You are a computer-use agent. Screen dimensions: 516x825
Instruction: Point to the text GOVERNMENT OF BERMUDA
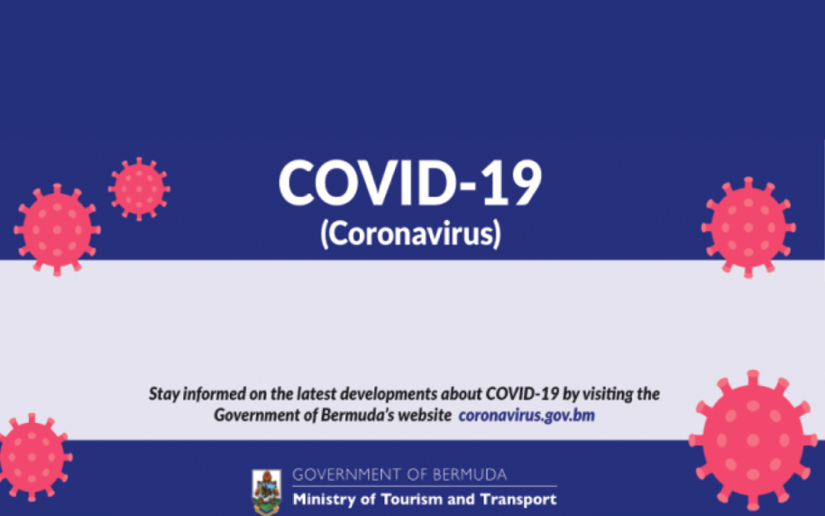pyautogui.click(x=399, y=475)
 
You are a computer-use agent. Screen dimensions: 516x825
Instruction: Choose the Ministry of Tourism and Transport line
pyautogui.click(x=425, y=500)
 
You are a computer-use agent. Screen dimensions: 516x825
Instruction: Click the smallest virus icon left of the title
pyautogui.click(x=138, y=188)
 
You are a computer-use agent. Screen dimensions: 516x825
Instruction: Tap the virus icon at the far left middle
pyautogui.click(x=57, y=229)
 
